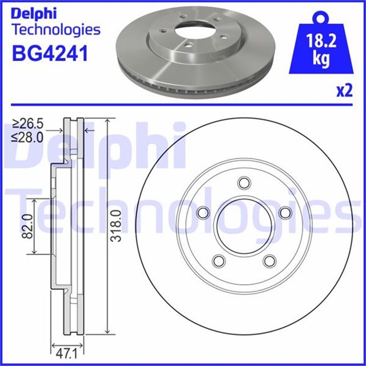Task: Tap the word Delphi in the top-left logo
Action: click(32, 12)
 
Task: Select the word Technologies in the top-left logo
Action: click(55, 29)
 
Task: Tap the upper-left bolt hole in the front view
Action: click(202, 213)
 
